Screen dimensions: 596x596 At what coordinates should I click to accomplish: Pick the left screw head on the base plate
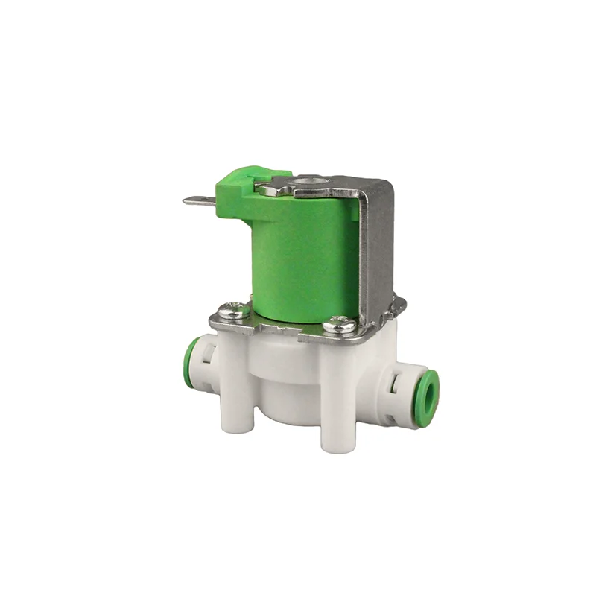point(233,311)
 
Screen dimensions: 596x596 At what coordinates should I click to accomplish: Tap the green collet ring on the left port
point(193,358)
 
